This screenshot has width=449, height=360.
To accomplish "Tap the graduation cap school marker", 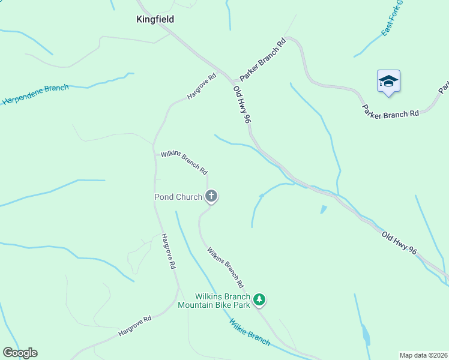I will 388,81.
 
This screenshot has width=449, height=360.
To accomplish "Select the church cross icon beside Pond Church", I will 211,196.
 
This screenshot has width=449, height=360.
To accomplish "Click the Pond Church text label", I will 178,197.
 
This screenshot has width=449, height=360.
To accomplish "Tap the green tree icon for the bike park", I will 259,299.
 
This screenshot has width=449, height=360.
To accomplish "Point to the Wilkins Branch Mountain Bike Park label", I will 222,301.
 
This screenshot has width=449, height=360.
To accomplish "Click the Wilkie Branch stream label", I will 250,332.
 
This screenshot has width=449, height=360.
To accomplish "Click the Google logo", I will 20,353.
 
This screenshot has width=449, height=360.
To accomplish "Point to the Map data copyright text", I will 424,355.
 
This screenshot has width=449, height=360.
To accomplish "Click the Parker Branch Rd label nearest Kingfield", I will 262,60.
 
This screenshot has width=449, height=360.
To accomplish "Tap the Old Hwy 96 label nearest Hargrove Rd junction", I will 241,104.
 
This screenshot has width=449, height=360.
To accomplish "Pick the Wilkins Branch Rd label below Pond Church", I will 225,266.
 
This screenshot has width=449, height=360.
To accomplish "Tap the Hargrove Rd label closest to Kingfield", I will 201,86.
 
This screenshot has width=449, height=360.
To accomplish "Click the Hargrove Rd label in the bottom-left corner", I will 135,324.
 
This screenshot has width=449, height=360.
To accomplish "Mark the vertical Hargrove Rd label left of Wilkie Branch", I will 168,251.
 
